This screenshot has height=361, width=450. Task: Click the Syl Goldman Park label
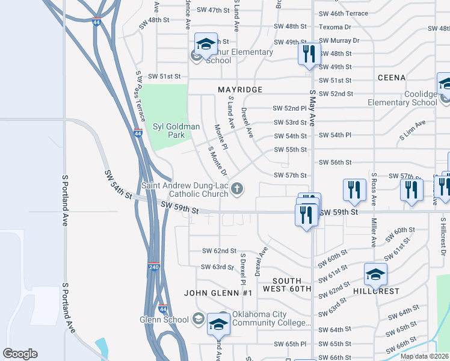[176, 131]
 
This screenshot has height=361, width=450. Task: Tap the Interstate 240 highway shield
[154, 266]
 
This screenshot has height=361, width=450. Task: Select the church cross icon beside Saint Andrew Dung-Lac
[237, 190]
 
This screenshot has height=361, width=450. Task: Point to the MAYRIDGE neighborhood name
[240, 90]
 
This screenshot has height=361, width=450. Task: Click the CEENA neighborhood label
[391, 78]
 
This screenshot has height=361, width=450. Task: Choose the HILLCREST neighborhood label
[376, 291]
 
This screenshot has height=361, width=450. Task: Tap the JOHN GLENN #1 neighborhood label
[218, 293]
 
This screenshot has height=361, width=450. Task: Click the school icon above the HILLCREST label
[376, 275]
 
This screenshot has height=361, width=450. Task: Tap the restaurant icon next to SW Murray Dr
[307, 53]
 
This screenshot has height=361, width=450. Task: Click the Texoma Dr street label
[334, 27]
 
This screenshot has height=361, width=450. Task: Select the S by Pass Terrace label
[140, 96]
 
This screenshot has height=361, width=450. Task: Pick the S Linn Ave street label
[412, 131]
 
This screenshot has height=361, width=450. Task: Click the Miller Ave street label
[374, 232]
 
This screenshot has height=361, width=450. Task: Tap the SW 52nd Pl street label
[289, 108]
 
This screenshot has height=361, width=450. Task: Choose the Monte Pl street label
[221, 138]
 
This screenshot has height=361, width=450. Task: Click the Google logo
[20, 354]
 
